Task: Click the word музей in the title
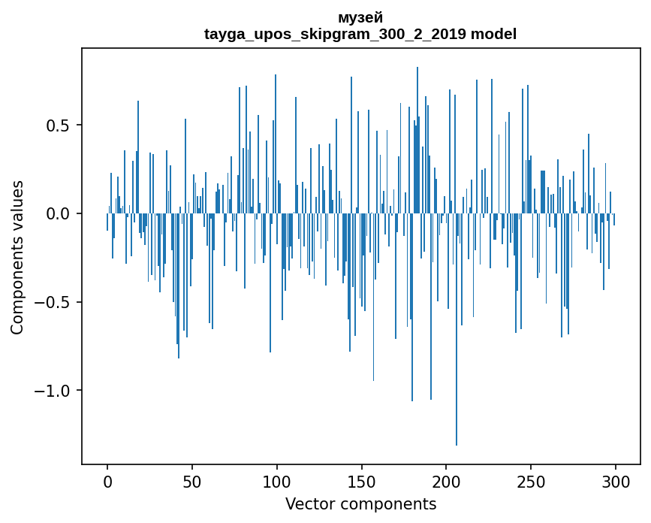[x=360, y=17]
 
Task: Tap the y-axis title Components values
[x=17, y=257]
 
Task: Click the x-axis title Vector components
[x=360, y=504]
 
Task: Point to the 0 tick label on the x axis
[x=107, y=482]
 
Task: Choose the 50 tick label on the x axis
[x=192, y=482]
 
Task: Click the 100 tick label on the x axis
[x=277, y=482]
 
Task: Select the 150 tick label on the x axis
[x=361, y=482]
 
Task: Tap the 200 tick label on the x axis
[x=446, y=482]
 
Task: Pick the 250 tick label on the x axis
[x=531, y=482]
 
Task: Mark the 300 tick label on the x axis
[x=616, y=482]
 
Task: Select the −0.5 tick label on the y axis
[x=55, y=303]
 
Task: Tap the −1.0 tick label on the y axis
[x=55, y=391]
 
